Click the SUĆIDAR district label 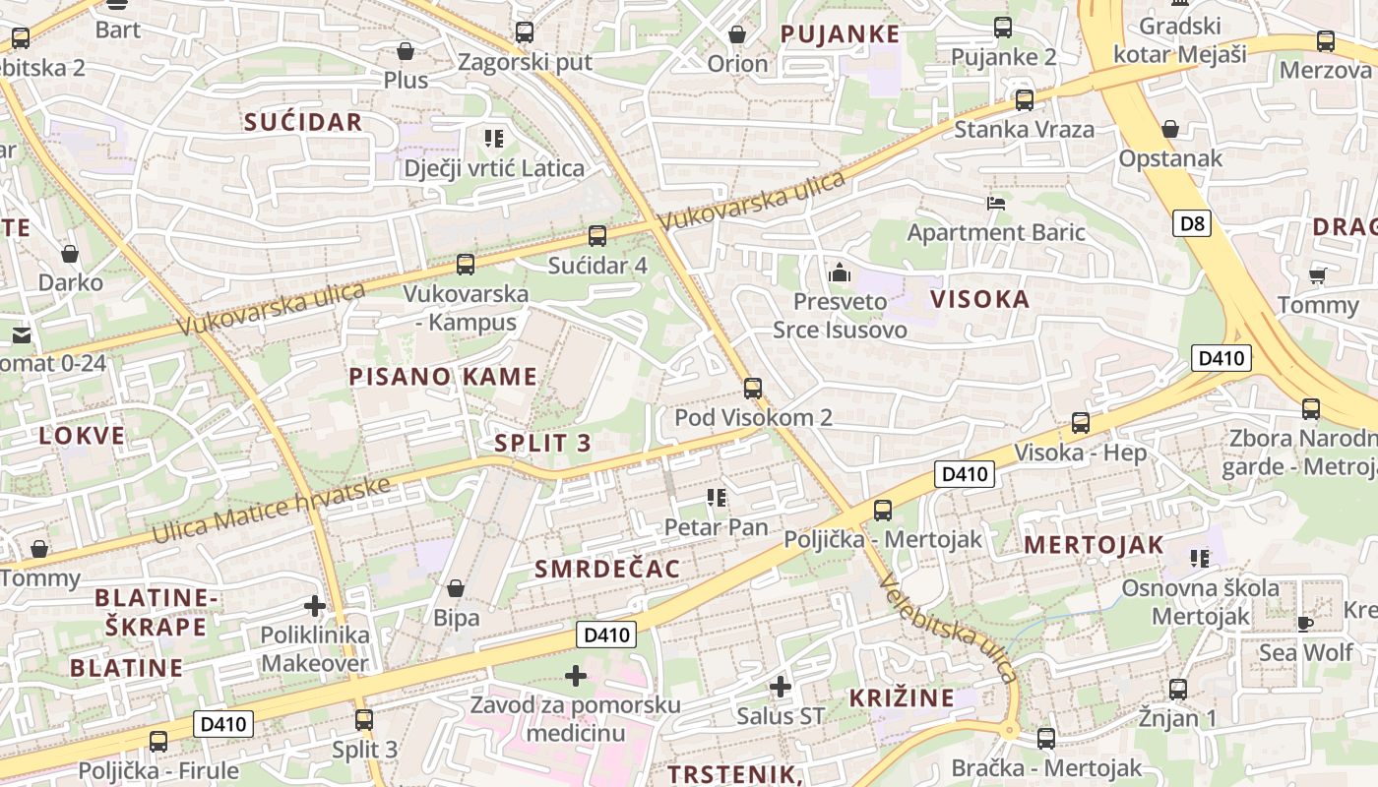(303, 122)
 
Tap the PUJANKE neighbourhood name (840, 34)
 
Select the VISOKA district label (979, 299)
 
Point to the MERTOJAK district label (1094, 544)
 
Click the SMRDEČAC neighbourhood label (607, 569)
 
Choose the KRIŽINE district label (902, 698)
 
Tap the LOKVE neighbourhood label (82, 436)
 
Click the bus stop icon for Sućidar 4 (597, 236)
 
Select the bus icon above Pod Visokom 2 (753, 388)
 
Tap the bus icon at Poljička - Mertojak (883, 510)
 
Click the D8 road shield (1192, 224)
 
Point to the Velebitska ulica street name (947, 627)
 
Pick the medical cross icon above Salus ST (781, 686)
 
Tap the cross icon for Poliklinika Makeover (315, 606)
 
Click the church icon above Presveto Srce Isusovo (840, 272)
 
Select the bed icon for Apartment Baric (996, 204)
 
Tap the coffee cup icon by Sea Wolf (1305, 623)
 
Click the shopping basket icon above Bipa (456, 588)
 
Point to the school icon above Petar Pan (716, 498)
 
